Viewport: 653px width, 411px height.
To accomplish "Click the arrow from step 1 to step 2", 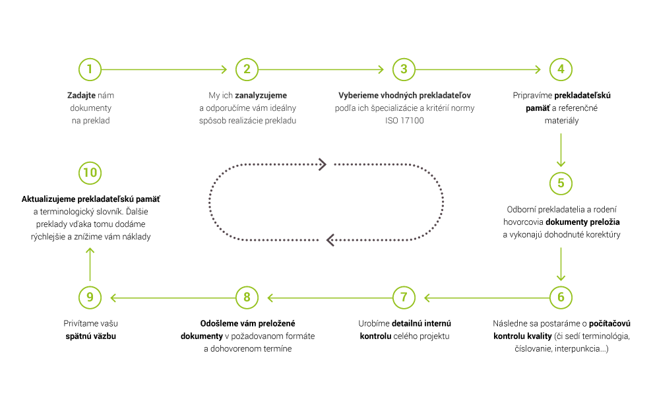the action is point(164,69).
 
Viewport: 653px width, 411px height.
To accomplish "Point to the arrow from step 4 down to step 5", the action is point(561,150).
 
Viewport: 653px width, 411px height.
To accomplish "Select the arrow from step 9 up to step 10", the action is point(90,265).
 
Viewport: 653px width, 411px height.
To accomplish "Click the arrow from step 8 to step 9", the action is point(173,298).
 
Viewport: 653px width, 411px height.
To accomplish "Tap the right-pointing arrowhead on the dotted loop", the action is point(323,164).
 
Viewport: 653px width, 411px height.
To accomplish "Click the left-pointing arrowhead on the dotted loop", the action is point(330,240).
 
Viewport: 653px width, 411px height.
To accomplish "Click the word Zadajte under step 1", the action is point(81,96).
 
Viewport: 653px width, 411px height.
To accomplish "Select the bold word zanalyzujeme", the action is point(261,96).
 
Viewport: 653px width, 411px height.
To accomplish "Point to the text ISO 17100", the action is point(404,120).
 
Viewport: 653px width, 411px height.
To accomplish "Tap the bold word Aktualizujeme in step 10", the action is point(48,199).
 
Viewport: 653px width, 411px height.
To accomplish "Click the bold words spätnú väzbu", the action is point(91,336).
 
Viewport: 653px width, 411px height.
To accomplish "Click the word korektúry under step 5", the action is point(603,234).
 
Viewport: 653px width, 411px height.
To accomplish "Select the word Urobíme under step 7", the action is point(374,323).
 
